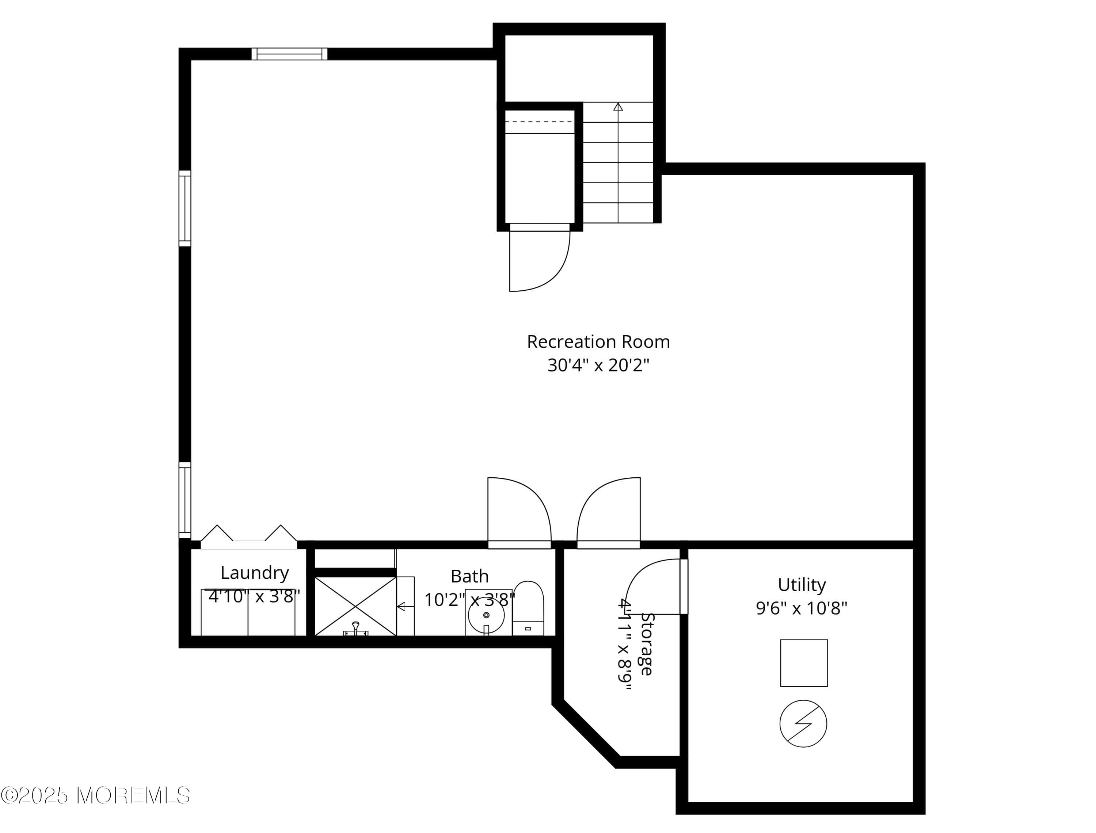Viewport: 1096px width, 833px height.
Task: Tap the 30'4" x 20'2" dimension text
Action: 598,366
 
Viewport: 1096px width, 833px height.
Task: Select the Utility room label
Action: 802,585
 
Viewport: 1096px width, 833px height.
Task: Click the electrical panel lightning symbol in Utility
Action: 803,723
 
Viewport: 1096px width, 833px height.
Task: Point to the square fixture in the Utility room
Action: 804,663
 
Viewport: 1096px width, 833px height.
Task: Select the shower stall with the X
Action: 355,606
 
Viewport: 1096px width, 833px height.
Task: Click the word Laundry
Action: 254,573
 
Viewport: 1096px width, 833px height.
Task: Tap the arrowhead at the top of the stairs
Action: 618,107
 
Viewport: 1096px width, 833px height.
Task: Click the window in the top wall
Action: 289,54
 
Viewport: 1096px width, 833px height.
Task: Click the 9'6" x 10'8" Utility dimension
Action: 802,608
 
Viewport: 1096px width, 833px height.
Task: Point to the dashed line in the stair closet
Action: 539,122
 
